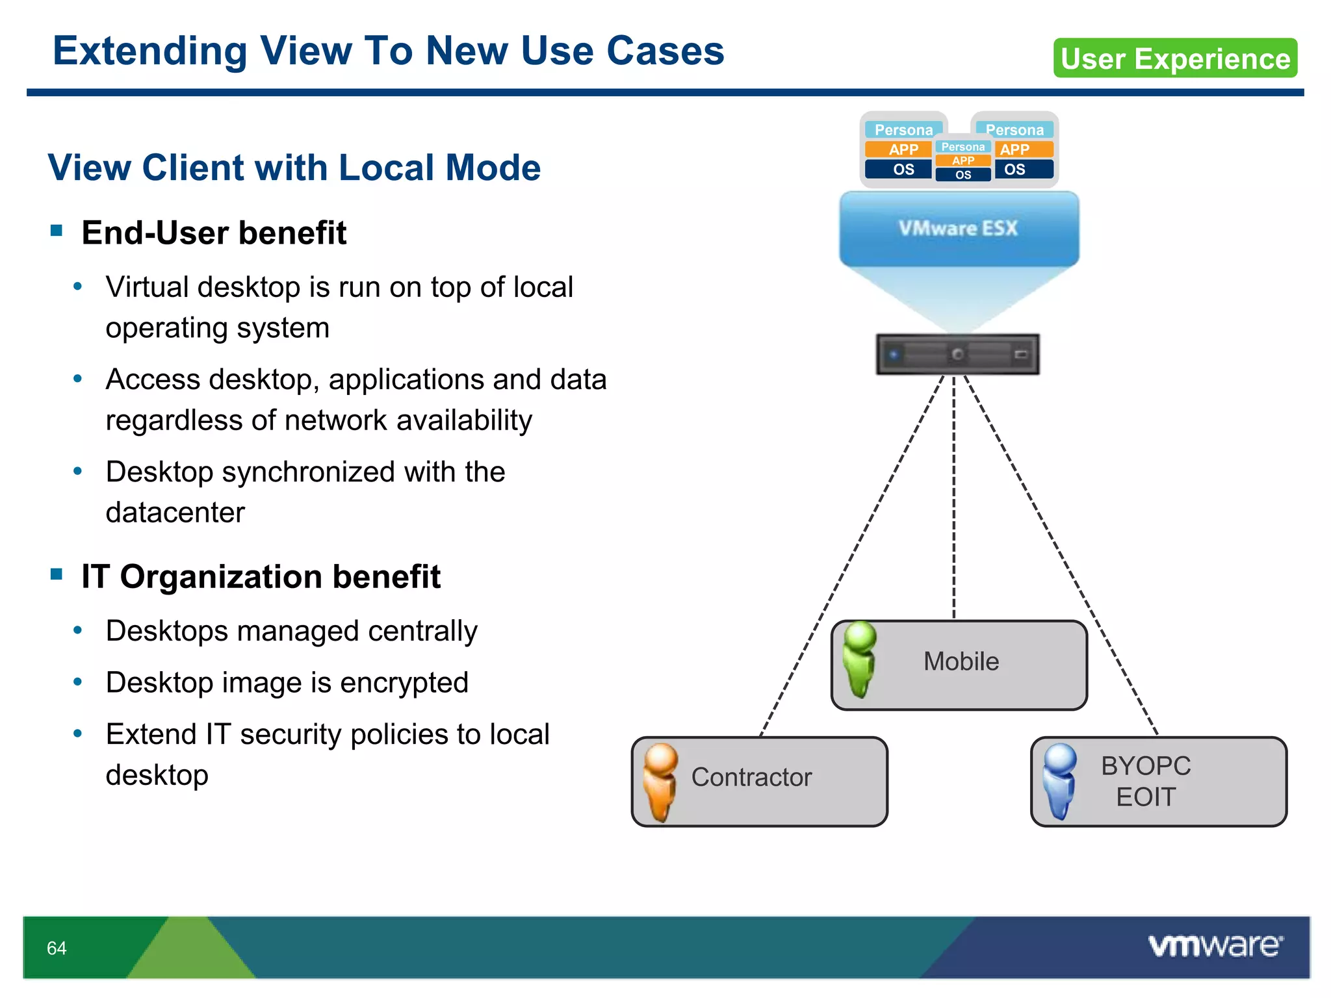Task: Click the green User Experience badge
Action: click(x=1175, y=58)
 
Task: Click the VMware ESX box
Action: click(x=959, y=229)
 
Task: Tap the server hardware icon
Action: click(x=957, y=354)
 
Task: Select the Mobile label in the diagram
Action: click(x=961, y=661)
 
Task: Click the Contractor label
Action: click(x=751, y=777)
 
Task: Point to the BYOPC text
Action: click(x=1145, y=766)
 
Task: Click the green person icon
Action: click(x=859, y=659)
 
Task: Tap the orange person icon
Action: click(x=660, y=782)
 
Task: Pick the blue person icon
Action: click(x=1059, y=781)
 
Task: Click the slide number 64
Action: click(x=57, y=948)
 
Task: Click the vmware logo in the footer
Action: click(x=1215, y=946)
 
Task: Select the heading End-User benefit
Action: click(x=214, y=233)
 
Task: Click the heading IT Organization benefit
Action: click(x=261, y=576)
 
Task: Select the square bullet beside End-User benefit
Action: click(x=57, y=230)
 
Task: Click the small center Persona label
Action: click(x=963, y=147)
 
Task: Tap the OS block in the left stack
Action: click(x=903, y=170)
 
